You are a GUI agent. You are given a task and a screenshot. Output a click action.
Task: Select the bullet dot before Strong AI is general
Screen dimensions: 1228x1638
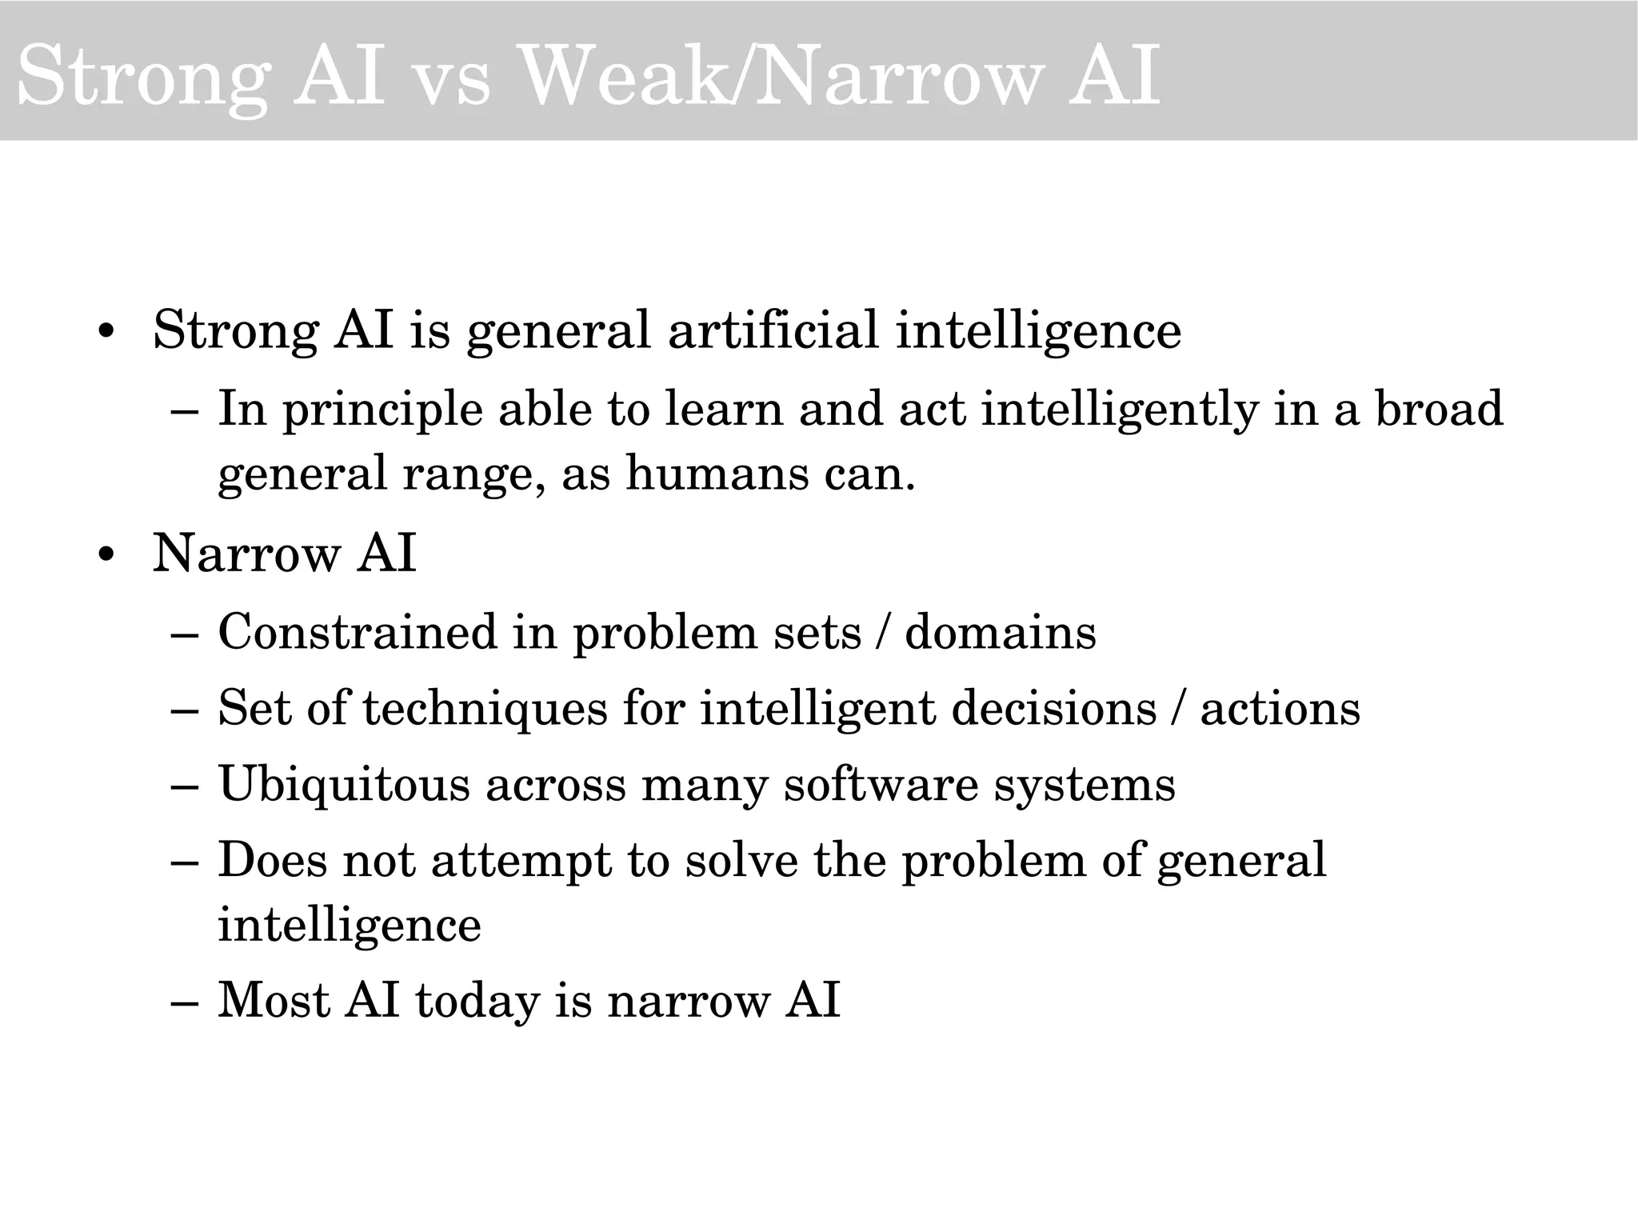click(x=105, y=332)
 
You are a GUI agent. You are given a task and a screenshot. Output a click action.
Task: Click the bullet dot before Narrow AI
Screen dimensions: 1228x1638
click(x=105, y=555)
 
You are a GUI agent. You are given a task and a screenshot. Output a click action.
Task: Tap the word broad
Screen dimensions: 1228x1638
click(x=1439, y=409)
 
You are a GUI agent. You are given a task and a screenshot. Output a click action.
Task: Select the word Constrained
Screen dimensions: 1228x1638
click(x=357, y=632)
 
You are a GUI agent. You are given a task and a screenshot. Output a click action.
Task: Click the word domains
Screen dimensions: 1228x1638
click(x=1000, y=632)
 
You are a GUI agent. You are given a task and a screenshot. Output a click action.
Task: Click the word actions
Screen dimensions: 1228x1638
click(x=1280, y=709)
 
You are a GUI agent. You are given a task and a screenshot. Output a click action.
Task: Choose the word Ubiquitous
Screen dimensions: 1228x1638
click(x=344, y=784)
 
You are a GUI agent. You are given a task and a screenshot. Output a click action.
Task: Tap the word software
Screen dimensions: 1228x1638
click(x=881, y=784)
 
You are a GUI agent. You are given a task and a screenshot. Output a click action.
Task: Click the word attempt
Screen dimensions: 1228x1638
click(x=521, y=861)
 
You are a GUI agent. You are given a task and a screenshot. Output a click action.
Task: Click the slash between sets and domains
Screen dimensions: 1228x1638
click(x=882, y=632)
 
